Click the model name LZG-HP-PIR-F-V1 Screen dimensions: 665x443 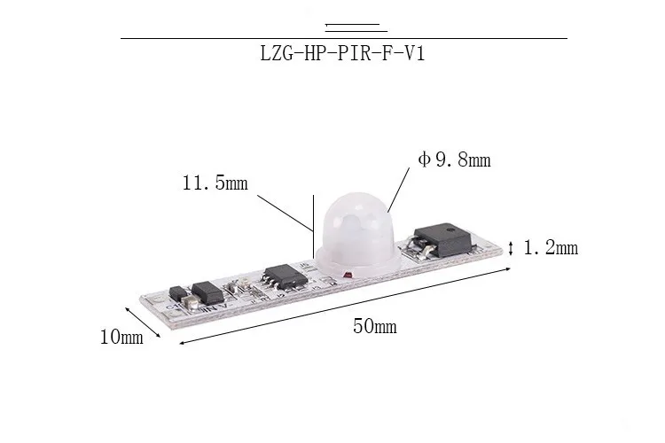coord(342,54)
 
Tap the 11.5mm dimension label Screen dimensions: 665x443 coord(215,183)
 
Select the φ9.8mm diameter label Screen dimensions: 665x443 coord(454,159)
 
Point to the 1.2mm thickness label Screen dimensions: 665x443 coord(551,247)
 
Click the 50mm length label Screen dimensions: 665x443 coord(375,326)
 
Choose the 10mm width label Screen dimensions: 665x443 coord(121,338)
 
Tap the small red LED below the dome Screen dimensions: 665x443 coord(348,276)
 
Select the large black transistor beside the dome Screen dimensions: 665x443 coord(443,239)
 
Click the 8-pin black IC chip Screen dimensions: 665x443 coord(286,276)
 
